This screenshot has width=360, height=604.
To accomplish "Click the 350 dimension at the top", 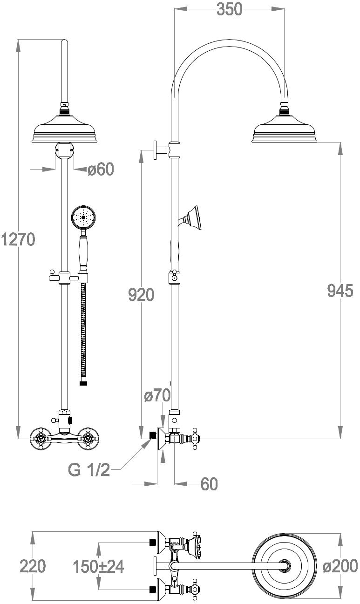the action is pos(230,9).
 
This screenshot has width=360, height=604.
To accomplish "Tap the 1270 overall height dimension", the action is pos(18,239).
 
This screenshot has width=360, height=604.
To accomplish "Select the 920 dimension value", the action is pos(141,295).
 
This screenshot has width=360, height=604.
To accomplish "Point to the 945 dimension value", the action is pos(340,291).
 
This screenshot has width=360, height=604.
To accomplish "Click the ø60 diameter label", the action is pos(101,170).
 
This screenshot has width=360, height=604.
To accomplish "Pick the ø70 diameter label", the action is pos(157,395).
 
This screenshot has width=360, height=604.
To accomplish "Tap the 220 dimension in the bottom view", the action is pos(33,566).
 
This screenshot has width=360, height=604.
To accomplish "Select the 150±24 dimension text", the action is pos(99,566).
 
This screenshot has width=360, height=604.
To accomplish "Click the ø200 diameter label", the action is pos(340,566).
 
